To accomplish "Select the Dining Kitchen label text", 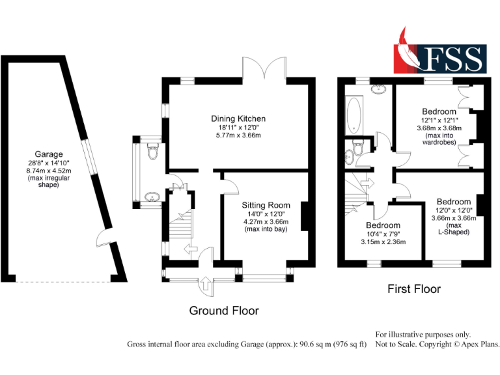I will (x=238, y=118).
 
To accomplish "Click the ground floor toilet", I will (x=152, y=153).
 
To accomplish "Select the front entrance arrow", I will (x=206, y=285).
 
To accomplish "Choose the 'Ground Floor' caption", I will (x=223, y=311).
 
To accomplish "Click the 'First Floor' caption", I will (x=414, y=288).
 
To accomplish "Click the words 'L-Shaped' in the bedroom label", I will (x=454, y=232).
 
